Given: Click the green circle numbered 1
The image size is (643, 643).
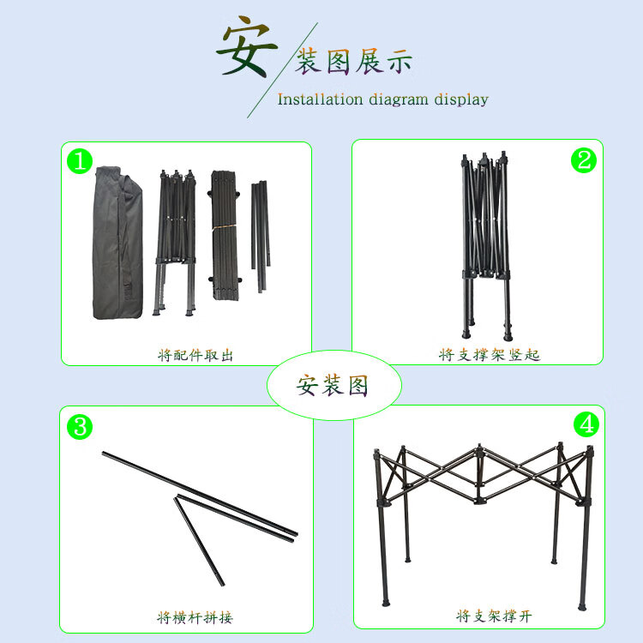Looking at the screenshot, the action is [x=80, y=161].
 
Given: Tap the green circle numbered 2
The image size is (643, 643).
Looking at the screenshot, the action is [x=584, y=160].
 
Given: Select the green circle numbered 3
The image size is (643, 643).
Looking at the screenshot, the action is [x=80, y=426].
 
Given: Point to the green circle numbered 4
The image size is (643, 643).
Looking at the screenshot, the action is [x=586, y=424].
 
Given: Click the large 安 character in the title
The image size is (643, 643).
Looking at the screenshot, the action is [x=246, y=46].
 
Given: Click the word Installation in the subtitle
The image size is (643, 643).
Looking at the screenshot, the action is [x=320, y=99].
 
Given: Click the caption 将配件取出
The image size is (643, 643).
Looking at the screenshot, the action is [x=195, y=355].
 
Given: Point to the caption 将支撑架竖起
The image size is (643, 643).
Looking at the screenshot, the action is [x=490, y=355].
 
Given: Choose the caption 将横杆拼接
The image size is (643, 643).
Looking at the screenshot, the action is [x=195, y=617].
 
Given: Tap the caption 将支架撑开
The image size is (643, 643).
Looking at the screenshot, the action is [x=494, y=616].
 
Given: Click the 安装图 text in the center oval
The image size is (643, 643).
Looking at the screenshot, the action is [x=332, y=386].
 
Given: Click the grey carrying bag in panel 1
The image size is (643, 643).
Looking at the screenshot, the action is [x=118, y=243].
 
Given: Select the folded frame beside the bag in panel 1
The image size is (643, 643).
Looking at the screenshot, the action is [x=176, y=243].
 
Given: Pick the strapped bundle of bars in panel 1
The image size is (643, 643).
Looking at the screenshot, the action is [x=224, y=236].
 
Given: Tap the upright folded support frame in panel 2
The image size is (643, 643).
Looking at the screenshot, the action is [x=485, y=246].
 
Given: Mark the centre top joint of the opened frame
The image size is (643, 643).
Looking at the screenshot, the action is [x=479, y=449].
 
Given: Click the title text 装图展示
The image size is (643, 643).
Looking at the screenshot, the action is [x=353, y=62].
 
